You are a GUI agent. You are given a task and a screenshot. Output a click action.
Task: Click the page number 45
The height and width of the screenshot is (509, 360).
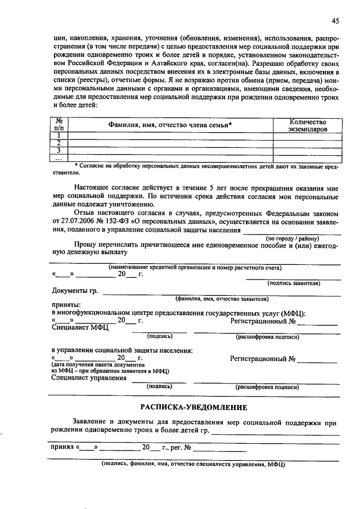[x=335, y=21]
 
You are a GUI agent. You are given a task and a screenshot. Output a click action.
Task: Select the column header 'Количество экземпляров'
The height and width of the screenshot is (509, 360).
[x=307, y=125]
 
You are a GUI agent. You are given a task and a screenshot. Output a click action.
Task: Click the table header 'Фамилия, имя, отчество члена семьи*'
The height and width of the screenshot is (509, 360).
[x=167, y=125]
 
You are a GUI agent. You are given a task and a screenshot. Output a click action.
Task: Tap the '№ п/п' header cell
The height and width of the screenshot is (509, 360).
[x=58, y=125]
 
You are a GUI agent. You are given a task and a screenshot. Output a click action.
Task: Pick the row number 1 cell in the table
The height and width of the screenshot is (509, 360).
[x=58, y=136]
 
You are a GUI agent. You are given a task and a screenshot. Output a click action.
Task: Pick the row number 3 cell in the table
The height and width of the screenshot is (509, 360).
[x=58, y=150]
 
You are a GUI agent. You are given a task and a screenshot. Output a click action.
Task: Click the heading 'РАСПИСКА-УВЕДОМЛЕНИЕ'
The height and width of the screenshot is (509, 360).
[x=193, y=407]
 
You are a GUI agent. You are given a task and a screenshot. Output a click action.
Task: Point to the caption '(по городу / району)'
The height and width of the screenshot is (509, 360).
[x=292, y=238]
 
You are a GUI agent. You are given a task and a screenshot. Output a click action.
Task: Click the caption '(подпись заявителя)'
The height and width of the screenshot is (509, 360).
[x=294, y=283]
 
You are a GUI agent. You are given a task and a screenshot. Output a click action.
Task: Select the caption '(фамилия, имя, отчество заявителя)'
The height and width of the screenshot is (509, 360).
[x=222, y=299]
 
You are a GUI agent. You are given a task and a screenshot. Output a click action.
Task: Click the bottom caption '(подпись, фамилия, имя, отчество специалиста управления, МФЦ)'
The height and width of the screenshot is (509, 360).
[x=193, y=465]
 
